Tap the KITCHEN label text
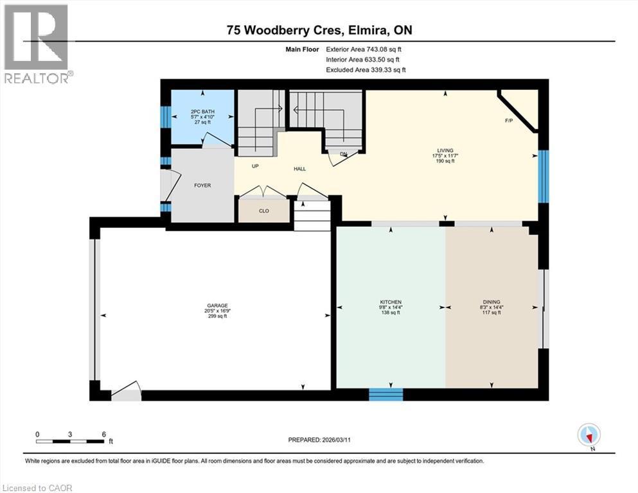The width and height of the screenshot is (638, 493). [x=391, y=302]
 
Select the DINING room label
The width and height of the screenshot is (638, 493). [x=492, y=302]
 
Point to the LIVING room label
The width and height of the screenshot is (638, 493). [x=446, y=150]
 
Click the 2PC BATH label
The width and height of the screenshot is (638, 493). [x=202, y=112]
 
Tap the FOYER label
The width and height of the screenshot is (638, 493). [x=202, y=186]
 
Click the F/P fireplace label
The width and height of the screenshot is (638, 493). [x=508, y=121]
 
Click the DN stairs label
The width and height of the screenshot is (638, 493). [x=344, y=154]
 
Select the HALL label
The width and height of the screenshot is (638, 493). [x=300, y=169]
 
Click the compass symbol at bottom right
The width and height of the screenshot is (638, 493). [x=589, y=435]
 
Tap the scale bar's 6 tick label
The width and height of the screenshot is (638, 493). [x=103, y=434]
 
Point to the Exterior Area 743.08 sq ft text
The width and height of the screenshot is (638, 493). [x=366, y=49]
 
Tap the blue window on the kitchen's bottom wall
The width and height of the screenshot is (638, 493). [x=385, y=394]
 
